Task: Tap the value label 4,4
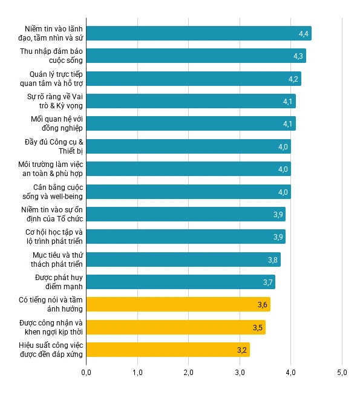tap(304, 33)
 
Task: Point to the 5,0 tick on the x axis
tap(342, 372)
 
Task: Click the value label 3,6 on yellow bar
tap(263, 304)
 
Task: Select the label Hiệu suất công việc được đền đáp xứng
tap(51, 350)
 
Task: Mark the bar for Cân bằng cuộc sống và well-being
tap(188, 192)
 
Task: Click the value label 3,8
tap(273, 260)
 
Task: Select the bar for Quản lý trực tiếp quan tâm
tap(193, 79)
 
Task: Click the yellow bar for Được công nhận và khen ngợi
tap(175, 327)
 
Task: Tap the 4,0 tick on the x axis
tap(290, 372)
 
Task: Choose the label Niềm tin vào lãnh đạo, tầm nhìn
tap(54, 33)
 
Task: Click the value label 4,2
tap(293, 79)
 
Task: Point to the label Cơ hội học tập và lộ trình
tap(54, 237)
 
